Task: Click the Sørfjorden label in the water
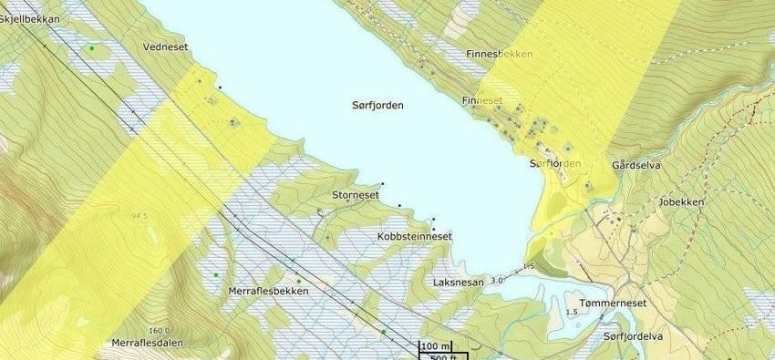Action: pos(377,106)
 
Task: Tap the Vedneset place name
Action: pos(164,45)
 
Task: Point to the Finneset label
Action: pos(483,100)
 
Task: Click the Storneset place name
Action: pos(356,194)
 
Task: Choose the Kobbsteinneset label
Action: pos(414,236)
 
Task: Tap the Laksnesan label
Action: pos(459,283)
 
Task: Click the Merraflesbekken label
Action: pos(268,291)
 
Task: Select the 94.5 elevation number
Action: pos(139,216)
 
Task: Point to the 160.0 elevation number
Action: pos(158,331)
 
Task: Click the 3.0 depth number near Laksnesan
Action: pos(497,280)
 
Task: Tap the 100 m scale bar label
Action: pos(436,346)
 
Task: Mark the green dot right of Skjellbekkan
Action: pos(91,47)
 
